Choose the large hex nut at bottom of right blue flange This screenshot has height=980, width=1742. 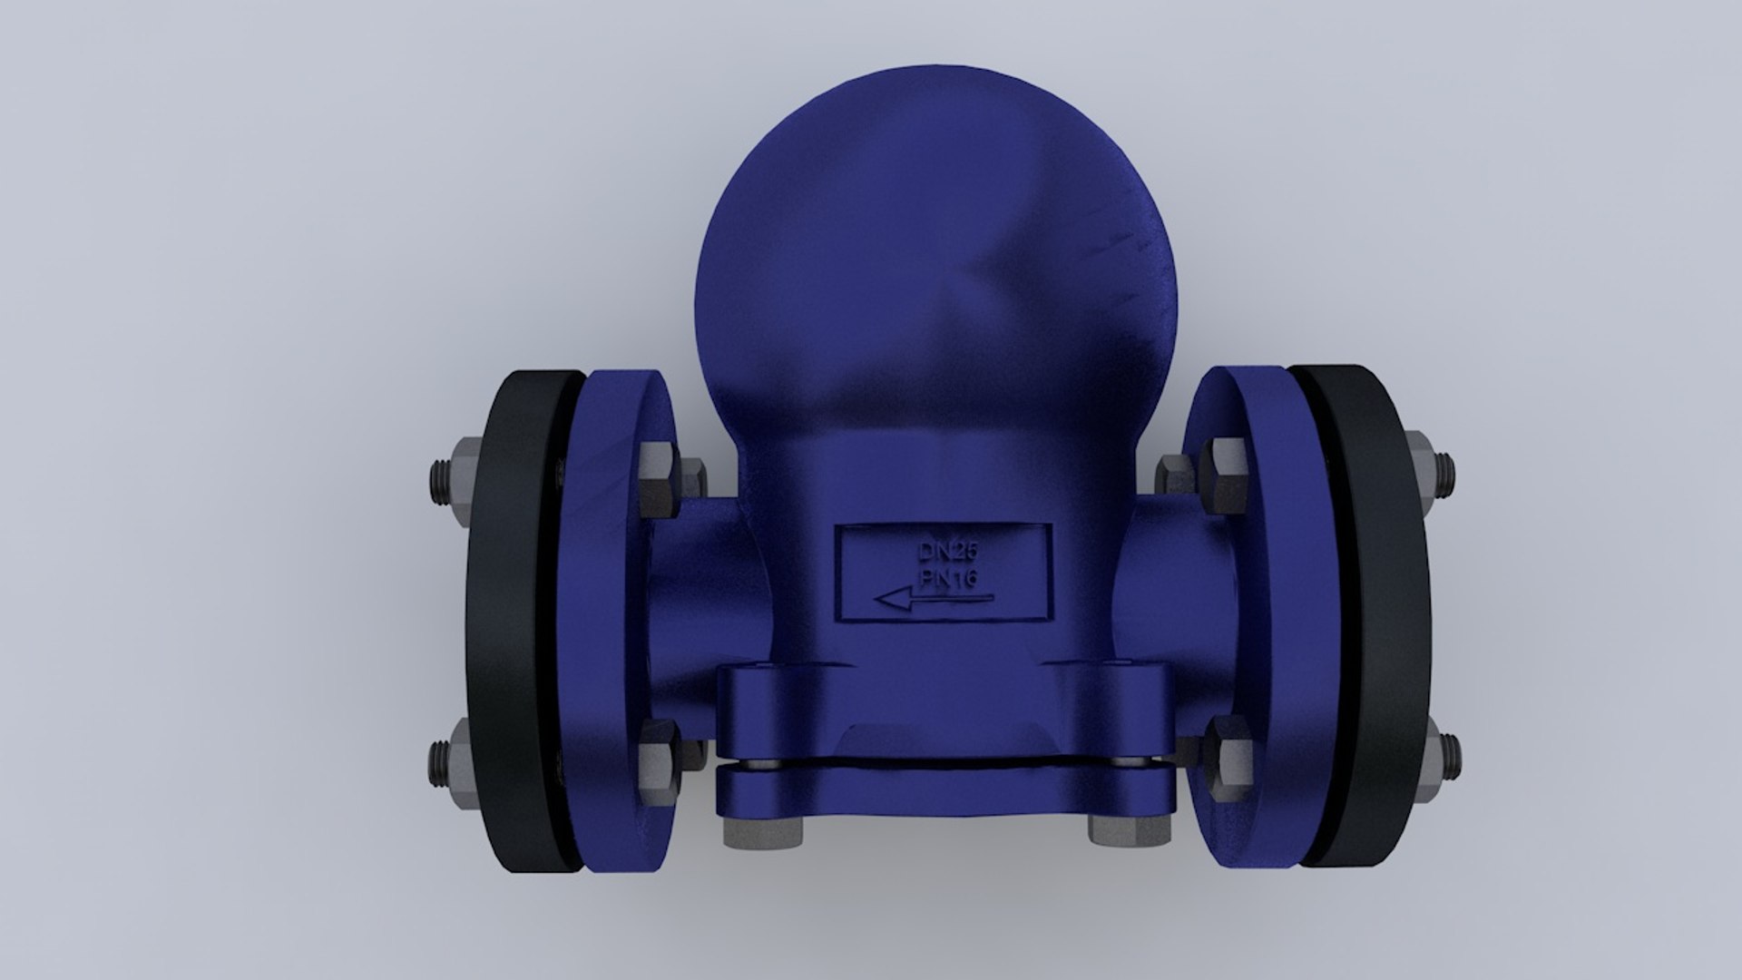click(x=1227, y=751)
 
